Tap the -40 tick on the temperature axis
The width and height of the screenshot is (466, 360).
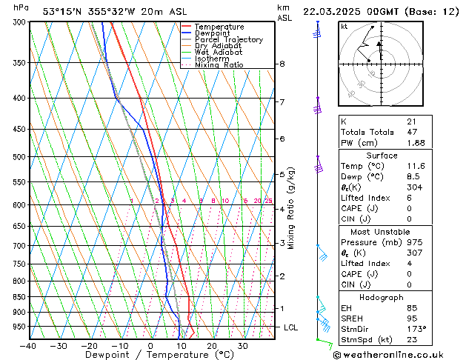28,346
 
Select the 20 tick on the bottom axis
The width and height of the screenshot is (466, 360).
212,346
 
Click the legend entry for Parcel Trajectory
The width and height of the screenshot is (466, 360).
228,40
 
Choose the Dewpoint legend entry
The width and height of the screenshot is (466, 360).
213,33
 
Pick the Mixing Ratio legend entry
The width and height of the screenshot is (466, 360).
219,65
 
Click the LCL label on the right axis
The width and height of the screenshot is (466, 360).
291,327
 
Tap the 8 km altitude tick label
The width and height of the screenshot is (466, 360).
282,64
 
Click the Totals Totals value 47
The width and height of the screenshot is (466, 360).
411,133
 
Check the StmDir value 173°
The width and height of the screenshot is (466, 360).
416,329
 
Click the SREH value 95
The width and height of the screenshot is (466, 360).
411,318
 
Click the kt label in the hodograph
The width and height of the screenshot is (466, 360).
344,27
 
